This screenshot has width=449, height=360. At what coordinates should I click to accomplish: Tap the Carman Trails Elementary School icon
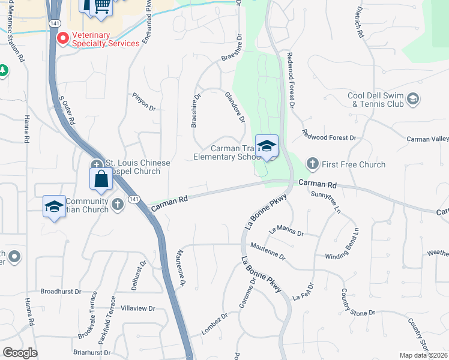coord(267,146)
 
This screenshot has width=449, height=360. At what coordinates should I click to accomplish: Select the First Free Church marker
coord(312,163)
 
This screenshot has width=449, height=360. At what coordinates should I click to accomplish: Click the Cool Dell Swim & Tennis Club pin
coord(412,98)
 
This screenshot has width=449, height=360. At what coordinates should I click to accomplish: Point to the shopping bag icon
coord(100,178)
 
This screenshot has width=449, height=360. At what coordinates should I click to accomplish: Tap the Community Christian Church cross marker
coord(118,205)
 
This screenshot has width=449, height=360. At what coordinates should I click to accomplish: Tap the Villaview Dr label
coord(137,308)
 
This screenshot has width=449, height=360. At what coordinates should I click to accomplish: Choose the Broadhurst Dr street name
coord(61,291)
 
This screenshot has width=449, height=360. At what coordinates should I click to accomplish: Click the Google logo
coord(20,353)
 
